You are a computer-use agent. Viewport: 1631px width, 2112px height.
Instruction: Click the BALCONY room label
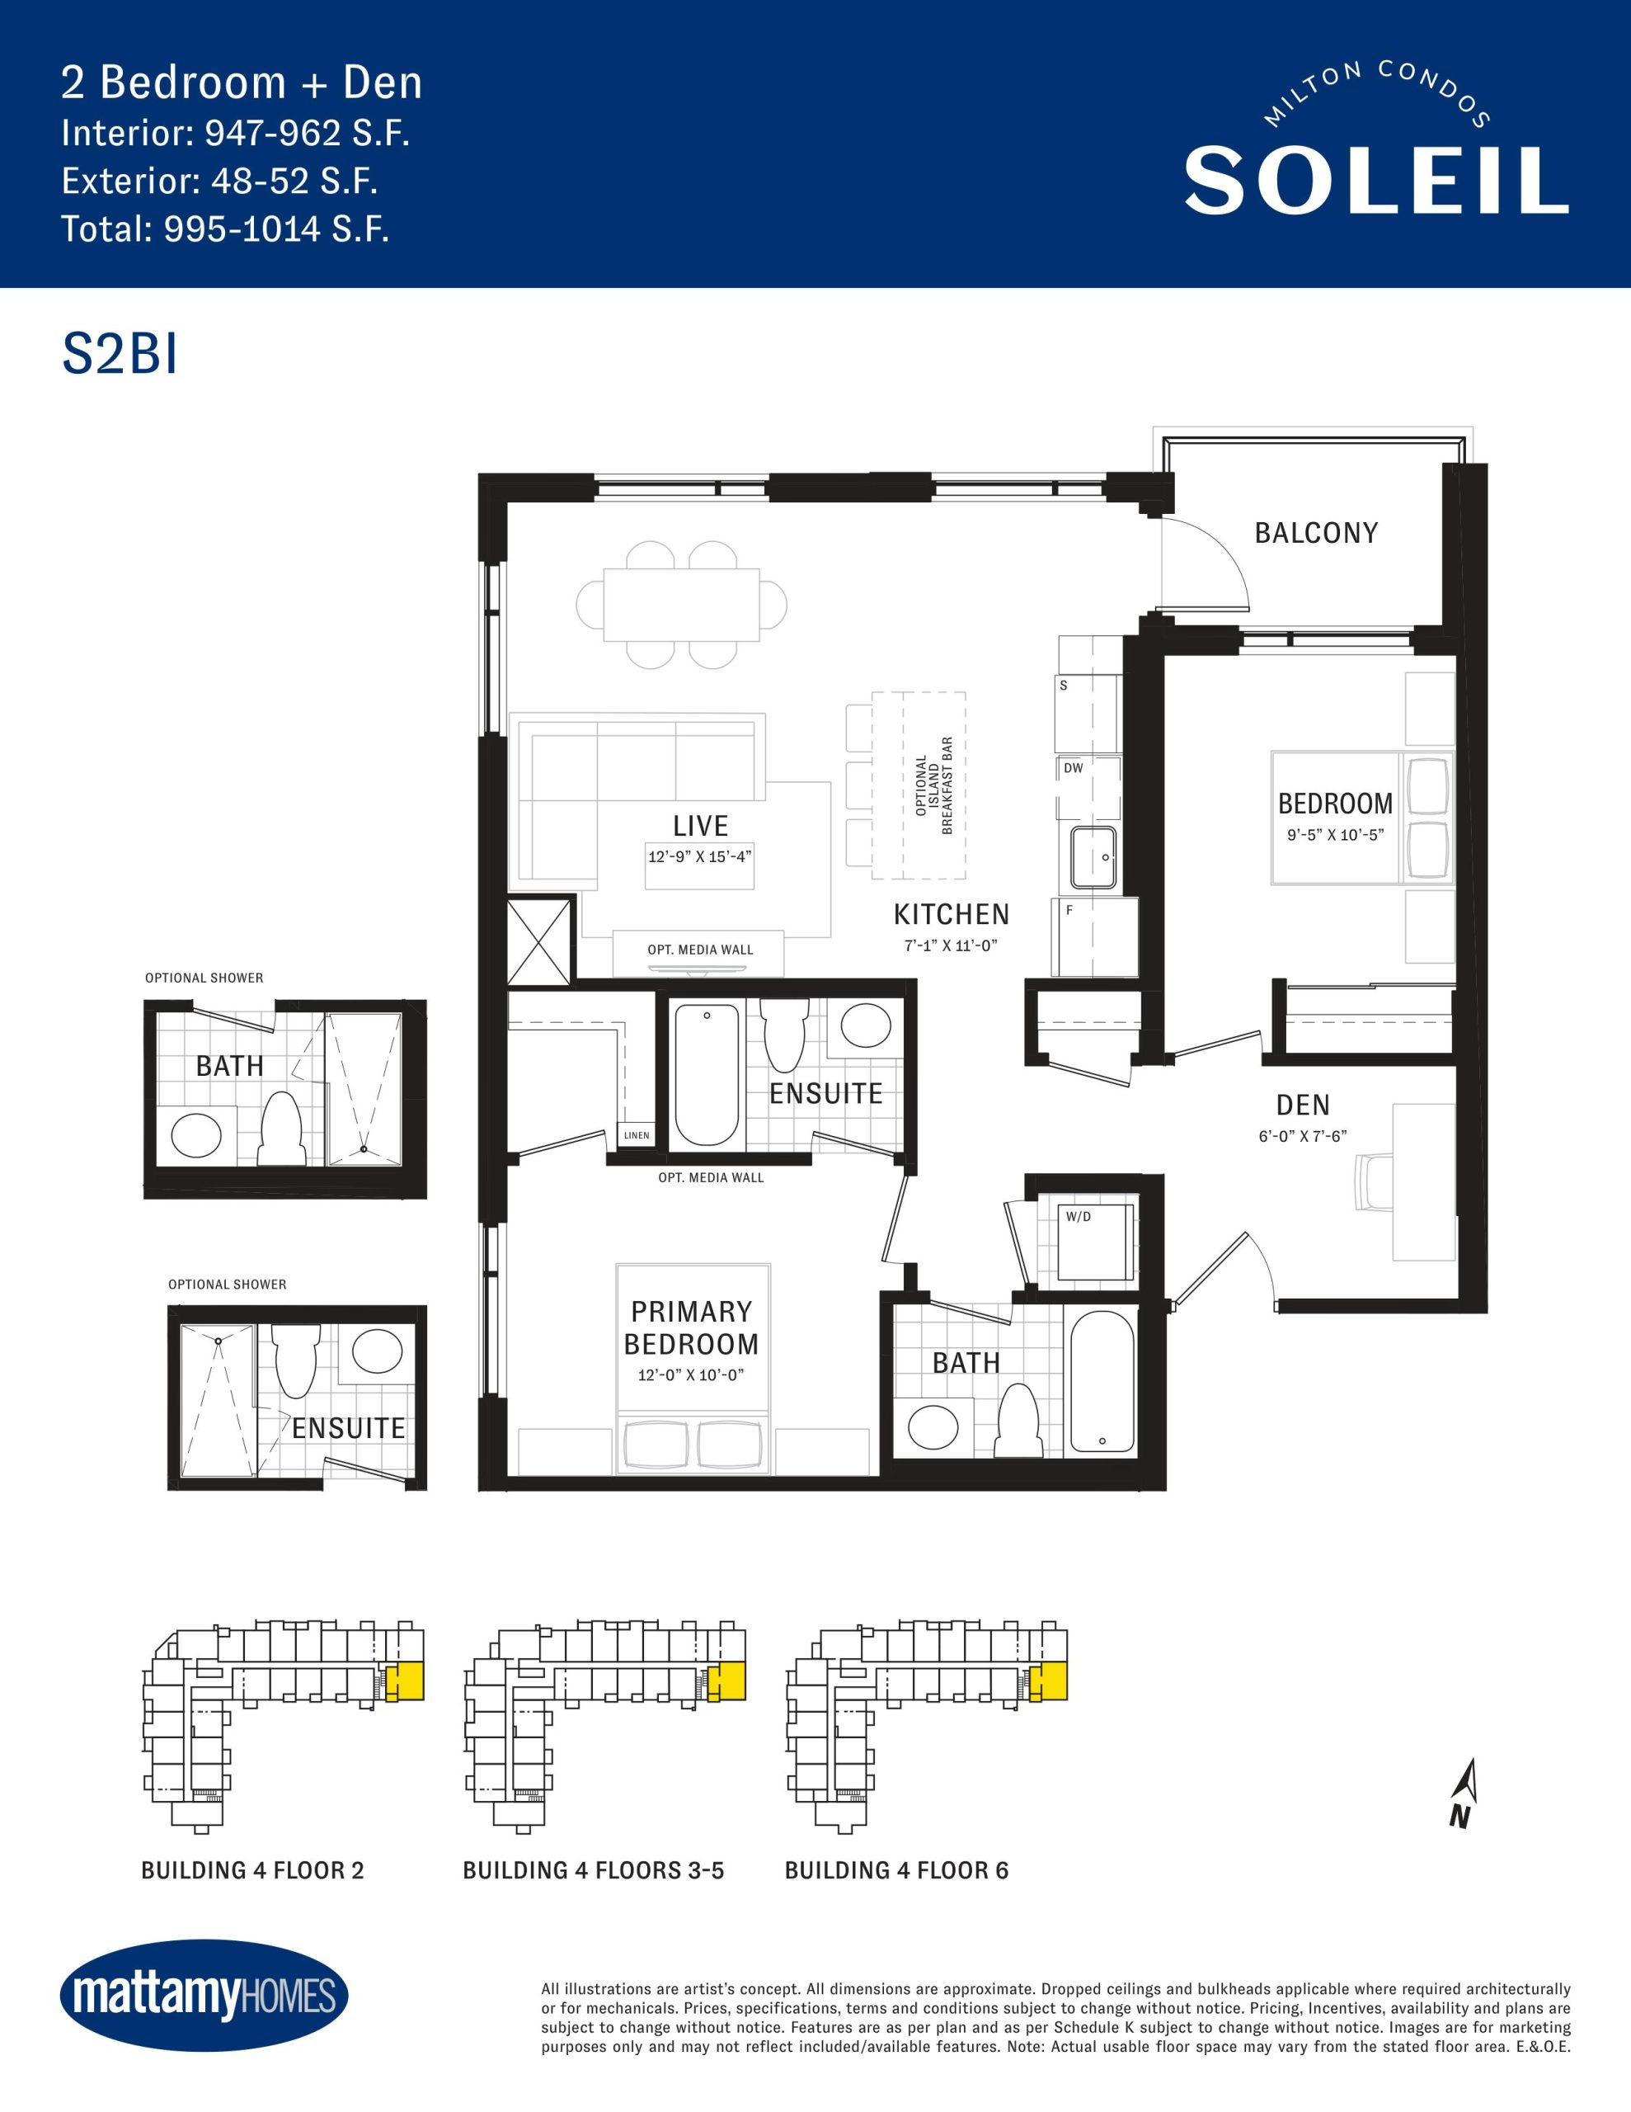(1316, 533)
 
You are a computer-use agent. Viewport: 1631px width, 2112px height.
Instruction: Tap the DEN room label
(1302, 1105)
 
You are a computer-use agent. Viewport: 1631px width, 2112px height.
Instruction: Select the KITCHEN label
(952, 914)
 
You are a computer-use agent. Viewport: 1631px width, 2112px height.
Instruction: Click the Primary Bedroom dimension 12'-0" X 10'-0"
(690, 1375)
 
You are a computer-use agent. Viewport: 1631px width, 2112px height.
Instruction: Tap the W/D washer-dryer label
(1078, 1217)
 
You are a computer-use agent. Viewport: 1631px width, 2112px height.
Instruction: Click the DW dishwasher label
(1073, 768)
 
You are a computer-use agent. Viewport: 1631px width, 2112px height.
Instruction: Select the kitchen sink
(1093, 858)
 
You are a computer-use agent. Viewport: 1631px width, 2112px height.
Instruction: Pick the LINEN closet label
(637, 1135)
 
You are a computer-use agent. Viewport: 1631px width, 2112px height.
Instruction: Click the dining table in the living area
(682, 605)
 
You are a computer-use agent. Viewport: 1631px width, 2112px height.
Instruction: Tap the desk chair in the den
(1374, 1181)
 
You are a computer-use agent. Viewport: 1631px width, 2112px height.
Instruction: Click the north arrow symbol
(1464, 1793)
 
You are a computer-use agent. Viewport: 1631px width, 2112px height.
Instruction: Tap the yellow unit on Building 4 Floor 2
(405, 1683)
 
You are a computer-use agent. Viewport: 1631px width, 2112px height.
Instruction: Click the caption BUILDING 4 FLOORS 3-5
(594, 1870)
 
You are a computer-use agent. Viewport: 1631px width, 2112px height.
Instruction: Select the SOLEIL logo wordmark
(1375, 180)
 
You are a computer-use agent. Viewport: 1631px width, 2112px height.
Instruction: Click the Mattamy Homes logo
(204, 1995)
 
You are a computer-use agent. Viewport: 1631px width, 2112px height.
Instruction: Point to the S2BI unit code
(120, 354)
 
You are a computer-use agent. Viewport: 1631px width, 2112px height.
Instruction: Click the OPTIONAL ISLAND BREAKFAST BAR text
(934, 785)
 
